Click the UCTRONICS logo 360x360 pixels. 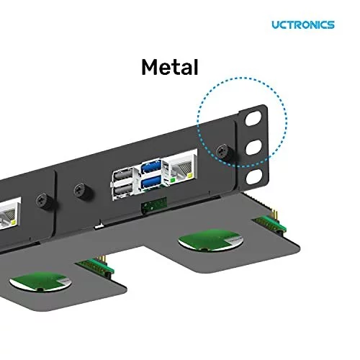click(x=302, y=24)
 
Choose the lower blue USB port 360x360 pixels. click(x=150, y=184)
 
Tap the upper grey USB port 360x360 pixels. click(x=123, y=175)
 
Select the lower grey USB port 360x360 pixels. click(x=123, y=190)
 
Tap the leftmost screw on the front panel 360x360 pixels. click(x=42, y=199)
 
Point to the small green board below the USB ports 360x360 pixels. click(x=153, y=204)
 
